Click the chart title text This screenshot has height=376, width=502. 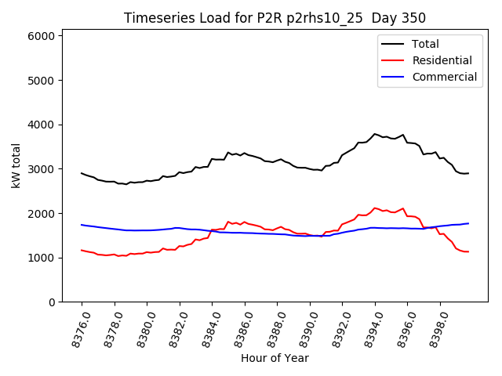pyautogui.click(x=275, y=18)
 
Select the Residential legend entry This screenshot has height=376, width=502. pyautogui.click(x=442, y=60)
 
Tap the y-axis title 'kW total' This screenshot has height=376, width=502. pyautogui.click(x=16, y=165)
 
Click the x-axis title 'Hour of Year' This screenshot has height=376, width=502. pyautogui.click(x=275, y=358)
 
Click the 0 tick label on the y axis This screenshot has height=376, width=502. pyautogui.click(x=51, y=302)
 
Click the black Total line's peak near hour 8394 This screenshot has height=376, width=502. pyautogui.click(x=375, y=134)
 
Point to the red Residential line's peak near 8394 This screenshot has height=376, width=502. pyautogui.click(x=375, y=208)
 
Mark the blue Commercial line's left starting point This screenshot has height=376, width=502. pyautogui.click(x=82, y=225)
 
